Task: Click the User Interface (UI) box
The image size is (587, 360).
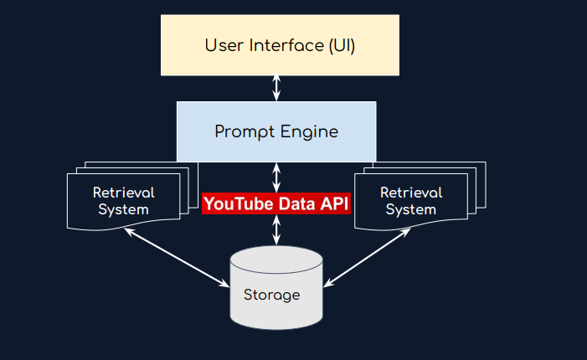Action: tap(280, 45)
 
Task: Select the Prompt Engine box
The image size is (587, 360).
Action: tap(275, 131)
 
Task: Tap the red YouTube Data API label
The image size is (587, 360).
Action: tap(275, 203)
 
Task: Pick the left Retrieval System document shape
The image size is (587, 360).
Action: tap(123, 201)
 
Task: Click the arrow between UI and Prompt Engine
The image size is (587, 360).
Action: tap(276, 88)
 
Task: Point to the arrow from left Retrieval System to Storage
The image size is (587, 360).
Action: tap(177, 258)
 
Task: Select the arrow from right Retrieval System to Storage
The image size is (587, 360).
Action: tap(375, 258)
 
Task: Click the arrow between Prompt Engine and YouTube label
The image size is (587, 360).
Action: tap(276, 176)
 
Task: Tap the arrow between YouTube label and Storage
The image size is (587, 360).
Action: tap(276, 230)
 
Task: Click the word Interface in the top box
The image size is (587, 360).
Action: tap(273, 45)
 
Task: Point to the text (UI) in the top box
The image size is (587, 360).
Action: tap(340, 45)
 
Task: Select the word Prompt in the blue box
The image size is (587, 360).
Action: tap(243, 132)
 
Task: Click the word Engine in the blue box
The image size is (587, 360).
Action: tap(310, 132)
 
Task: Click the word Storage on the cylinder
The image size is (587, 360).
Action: tap(271, 295)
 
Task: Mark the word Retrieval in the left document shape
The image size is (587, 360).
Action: tap(123, 193)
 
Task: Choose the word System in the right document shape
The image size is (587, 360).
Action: tap(410, 209)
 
